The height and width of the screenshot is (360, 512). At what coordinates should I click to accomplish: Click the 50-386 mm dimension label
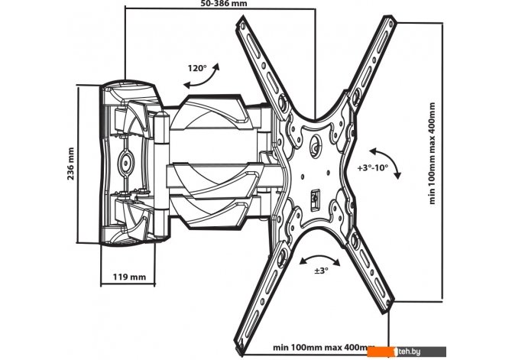(224, 3)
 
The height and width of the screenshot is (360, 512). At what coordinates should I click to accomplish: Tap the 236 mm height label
(71, 164)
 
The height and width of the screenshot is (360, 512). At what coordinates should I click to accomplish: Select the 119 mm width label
(129, 277)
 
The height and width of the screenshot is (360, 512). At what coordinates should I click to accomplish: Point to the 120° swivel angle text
(197, 68)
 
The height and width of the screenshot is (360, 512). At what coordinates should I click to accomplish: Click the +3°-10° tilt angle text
(373, 168)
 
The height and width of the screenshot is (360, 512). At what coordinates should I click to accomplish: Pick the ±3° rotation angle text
(321, 271)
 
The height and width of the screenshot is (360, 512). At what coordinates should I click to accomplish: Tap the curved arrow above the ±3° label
(320, 258)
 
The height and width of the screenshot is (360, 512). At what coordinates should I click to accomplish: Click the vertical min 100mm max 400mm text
(433, 153)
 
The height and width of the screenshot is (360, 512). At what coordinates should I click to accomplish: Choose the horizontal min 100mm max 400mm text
(324, 347)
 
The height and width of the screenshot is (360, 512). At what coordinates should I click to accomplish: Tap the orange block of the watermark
(381, 352)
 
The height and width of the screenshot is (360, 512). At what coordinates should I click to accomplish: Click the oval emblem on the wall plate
(125, 161)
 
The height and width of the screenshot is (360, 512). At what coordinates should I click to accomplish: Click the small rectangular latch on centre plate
(315, 199)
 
